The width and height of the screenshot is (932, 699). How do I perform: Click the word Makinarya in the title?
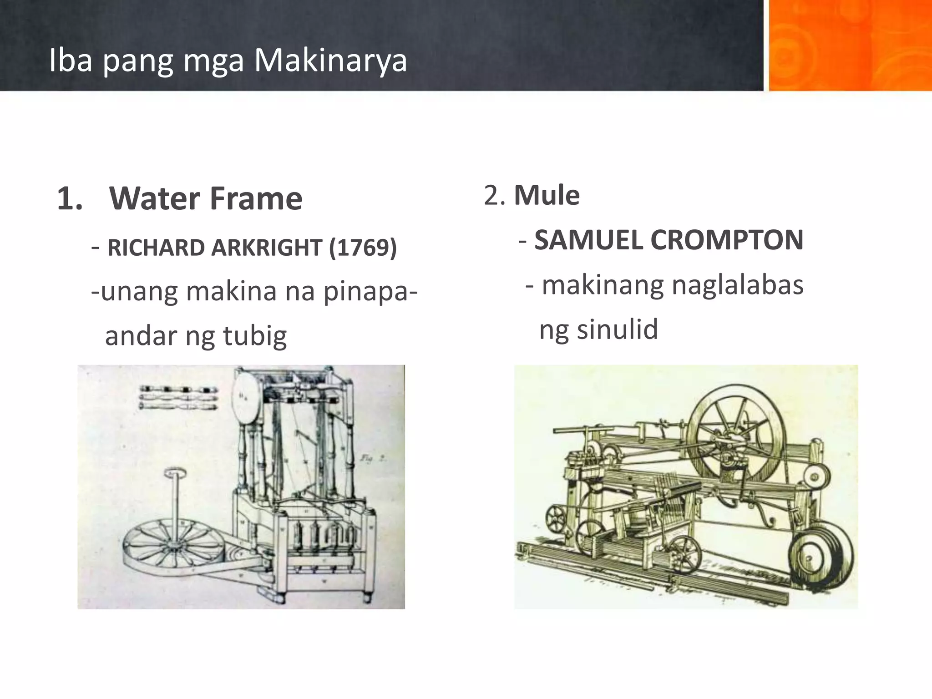pos(330,61)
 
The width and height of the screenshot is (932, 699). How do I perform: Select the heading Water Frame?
pos(206,199)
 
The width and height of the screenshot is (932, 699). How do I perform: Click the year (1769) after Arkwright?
pos(363,248)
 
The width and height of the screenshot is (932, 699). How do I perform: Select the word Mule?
pos(547,196)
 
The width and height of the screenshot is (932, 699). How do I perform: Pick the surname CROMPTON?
pos(727,240)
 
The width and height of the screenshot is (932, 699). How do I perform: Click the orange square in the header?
pos(850,46)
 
